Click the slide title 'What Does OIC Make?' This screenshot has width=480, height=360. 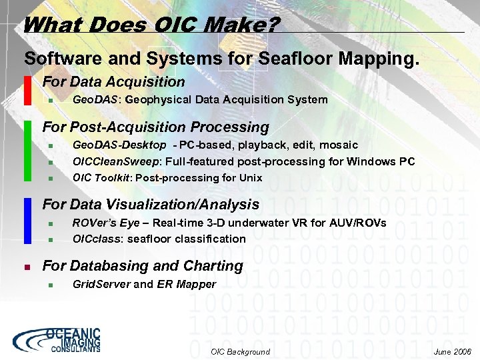(x=151, y=25)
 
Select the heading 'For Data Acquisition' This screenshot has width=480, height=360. (x=113, y=82)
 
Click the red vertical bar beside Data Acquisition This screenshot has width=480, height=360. (x=27, y=91)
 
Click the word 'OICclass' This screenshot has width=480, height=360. (x=93, y=238)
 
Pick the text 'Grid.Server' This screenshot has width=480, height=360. (x=101, y=284)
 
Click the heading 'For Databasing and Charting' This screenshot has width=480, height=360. (x=143, y=265)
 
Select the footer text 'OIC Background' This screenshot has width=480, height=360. (x=240, y=351)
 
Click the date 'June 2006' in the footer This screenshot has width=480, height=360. (x=452, y=351)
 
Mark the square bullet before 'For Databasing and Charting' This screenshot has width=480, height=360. (x=27, y=266)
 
